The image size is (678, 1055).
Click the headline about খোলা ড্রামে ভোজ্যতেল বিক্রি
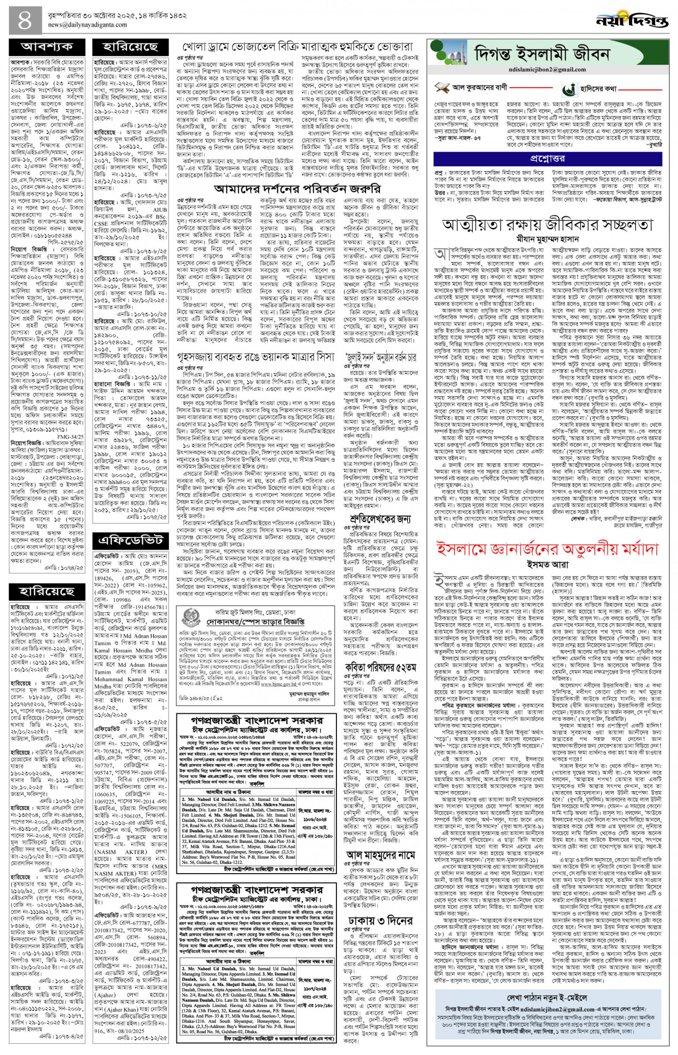click(298, 47)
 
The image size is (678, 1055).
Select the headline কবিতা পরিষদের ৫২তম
click(381, 654)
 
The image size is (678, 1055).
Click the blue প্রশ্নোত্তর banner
click(547, 159)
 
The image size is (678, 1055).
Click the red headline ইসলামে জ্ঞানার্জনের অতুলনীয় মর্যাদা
click(547, 550)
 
